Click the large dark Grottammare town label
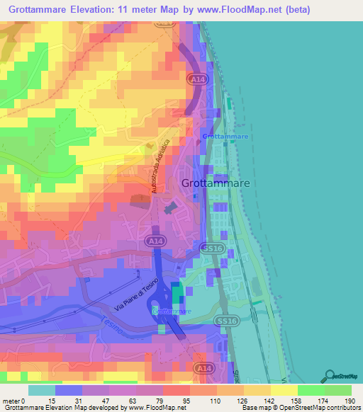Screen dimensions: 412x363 [217, 183]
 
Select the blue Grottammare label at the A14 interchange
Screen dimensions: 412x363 [172, 311]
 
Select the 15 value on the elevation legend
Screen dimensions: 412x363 [52, 401]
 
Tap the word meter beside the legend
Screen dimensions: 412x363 [12, 401]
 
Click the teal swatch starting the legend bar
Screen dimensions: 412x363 [42, 390]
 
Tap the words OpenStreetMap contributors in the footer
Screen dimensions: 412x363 [323, 408]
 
